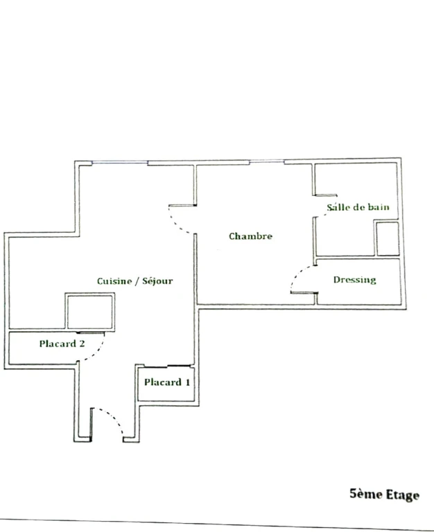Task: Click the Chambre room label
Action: (250, 236)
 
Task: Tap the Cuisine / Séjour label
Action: (134, 281)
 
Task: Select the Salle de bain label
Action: (358, 207)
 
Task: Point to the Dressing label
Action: (354, 280)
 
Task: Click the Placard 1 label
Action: (167, 382)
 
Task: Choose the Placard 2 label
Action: (62, 344)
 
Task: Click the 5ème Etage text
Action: (384, 495)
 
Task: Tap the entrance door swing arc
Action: (116, 418)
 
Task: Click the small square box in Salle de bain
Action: (387, 238)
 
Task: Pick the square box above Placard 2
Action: (90, 312)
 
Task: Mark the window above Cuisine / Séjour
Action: (119, 163)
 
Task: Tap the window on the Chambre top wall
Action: (267, 161)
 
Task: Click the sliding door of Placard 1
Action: (168, 366)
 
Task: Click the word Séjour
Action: (157, 281)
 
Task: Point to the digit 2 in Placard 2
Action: (82, 344)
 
